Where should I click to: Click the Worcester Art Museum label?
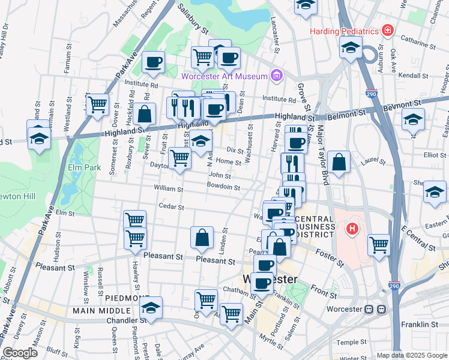224,76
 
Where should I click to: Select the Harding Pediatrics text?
345,31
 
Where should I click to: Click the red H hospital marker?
353,229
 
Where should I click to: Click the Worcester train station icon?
380,309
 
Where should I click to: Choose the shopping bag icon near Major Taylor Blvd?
339,162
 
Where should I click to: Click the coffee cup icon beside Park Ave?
154,61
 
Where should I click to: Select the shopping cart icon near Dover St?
97,105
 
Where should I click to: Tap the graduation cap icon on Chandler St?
151,308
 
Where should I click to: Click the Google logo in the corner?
20,353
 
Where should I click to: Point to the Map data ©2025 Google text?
412,355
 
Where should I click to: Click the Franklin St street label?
420,325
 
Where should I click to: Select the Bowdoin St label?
223,188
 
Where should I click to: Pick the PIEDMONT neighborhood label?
127,298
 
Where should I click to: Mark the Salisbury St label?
194,18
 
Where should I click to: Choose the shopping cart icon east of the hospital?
379,244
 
